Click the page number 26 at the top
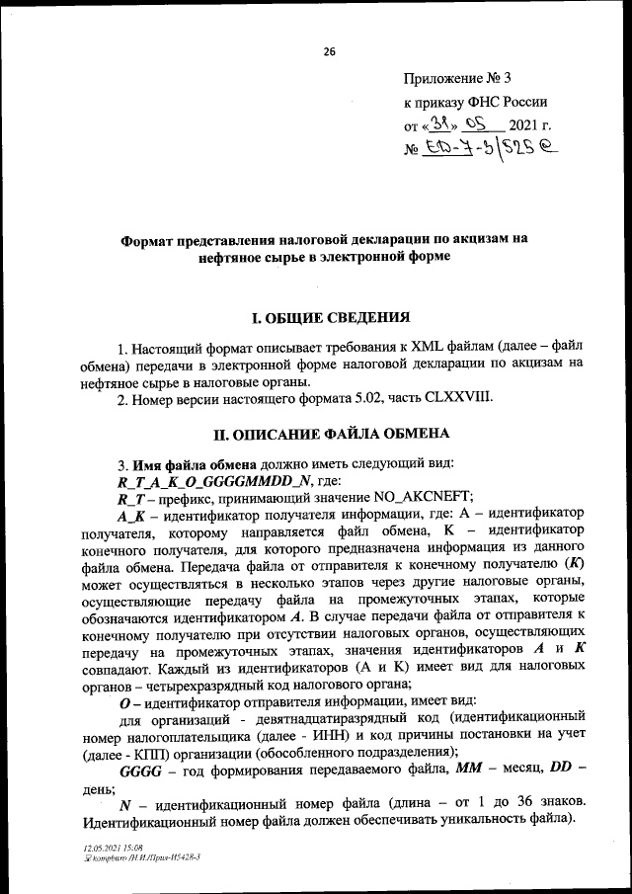coord(330,51)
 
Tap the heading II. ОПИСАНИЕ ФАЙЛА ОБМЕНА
coord(332,434)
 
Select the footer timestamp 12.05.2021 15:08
coord(114,849)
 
